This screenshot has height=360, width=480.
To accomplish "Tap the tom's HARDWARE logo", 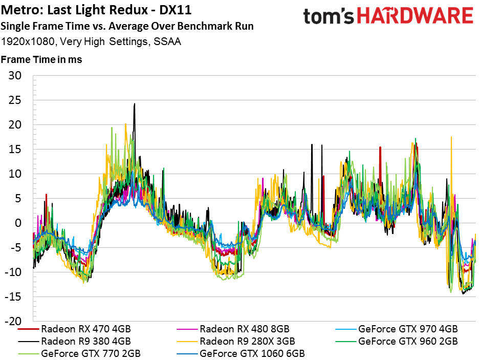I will [x=387, y=16].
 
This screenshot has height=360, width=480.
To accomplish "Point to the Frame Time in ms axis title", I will [x=41, y=59].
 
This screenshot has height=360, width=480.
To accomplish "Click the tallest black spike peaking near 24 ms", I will [x=135, y=104].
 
